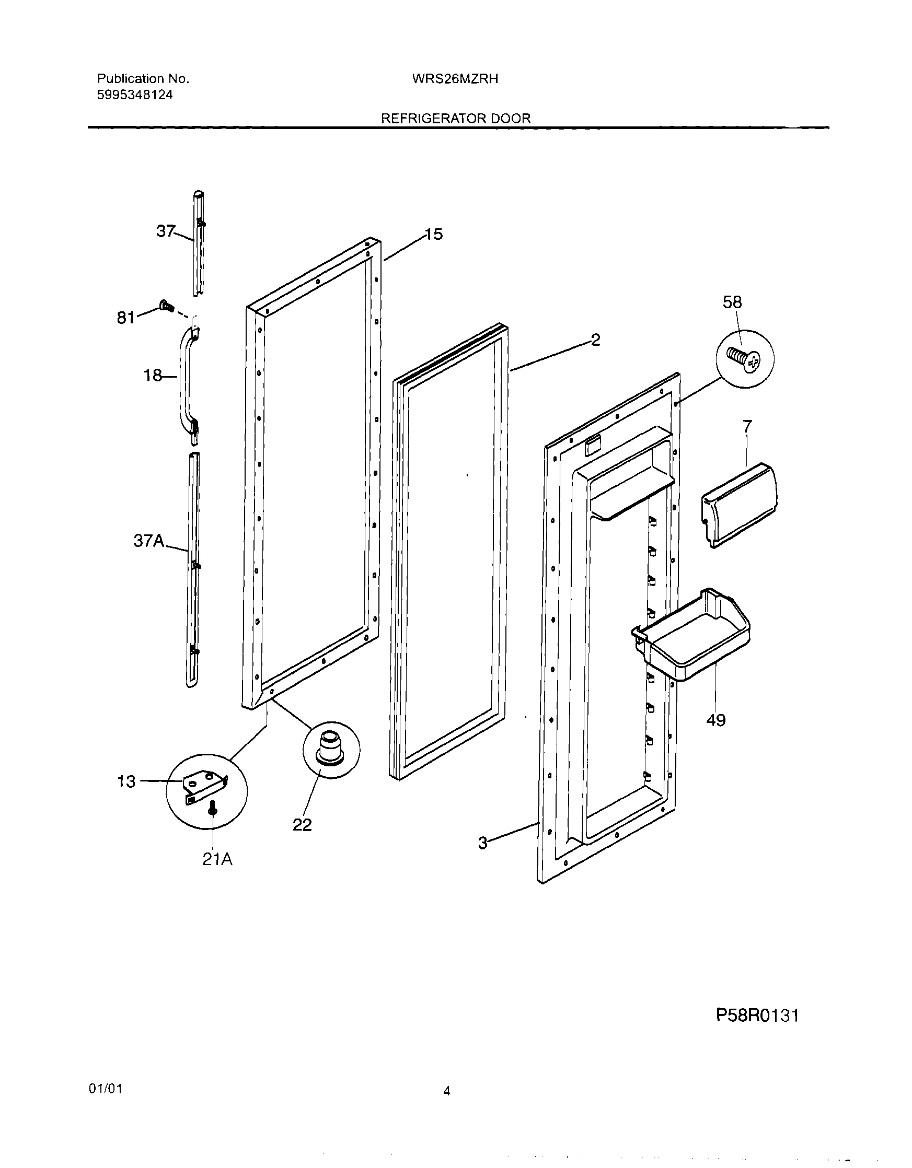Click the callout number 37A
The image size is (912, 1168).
coord(149,541)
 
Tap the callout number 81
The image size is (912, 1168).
coord(126,318)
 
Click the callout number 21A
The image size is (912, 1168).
coord(217,859)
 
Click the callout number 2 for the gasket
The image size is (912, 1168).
coord(595,340)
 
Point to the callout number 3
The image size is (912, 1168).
coord(483,844)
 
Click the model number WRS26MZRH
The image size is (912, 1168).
coord(455,79)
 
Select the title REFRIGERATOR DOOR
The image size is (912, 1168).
coord(455,119)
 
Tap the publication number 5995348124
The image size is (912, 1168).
coord(135,95)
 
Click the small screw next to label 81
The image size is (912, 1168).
coord(166,307)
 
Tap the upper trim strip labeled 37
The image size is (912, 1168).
coord(199,243)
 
